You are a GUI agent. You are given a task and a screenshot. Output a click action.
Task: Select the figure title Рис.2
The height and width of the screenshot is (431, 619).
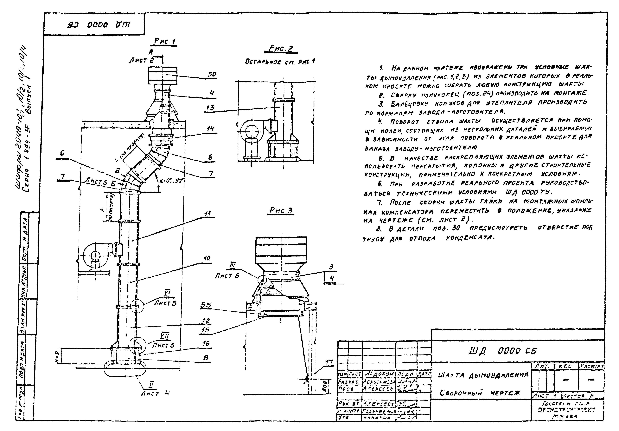point(281,49)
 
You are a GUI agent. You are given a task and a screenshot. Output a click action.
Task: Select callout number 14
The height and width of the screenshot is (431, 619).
point(210,129)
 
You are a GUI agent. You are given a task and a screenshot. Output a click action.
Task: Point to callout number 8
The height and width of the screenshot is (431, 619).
point(206,358)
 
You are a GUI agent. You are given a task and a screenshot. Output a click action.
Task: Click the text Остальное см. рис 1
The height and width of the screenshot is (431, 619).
point(280,62)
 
